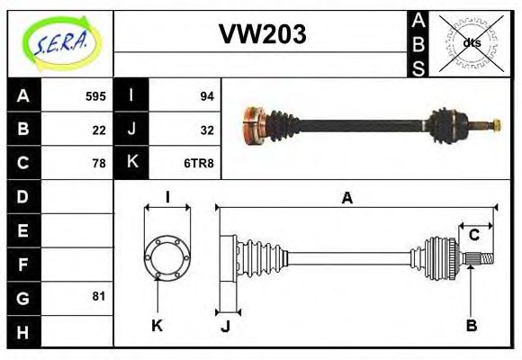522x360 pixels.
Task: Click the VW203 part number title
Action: pos(262,35)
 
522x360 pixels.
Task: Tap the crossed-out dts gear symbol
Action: pos(471,42)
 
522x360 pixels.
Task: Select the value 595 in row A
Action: pos(95,95)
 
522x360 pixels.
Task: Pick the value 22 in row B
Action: pos(99,129)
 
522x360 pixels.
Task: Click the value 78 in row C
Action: pos(99,163)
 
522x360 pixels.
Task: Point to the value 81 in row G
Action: pos(99,296)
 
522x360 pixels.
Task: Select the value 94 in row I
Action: pos(206,95)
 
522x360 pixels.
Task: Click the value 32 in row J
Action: pos(206,129)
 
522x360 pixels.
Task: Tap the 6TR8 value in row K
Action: pos(200,163)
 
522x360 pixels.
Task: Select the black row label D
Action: pos(22,196)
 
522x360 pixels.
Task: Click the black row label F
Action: pos(22,264)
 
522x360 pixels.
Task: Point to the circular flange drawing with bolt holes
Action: pos(167,257)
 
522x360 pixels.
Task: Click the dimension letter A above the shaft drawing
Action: pos(346,198)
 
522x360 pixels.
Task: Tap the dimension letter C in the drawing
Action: pos(473,235)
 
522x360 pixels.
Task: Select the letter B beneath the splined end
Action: pos(471,325)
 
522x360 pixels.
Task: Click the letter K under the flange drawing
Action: pos(157,325)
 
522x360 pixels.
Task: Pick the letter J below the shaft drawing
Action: pos(225,326)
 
